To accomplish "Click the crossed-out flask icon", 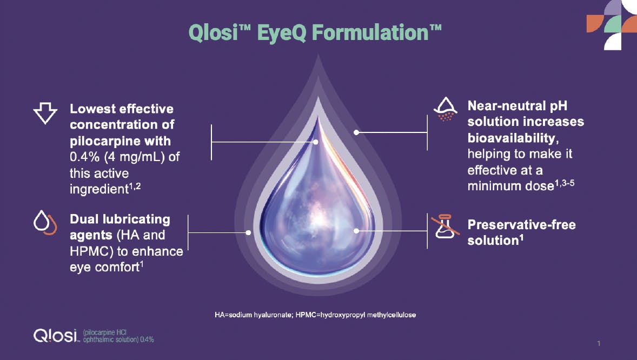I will [x=443, y=228].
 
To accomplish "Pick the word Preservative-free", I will [x=521, y=224].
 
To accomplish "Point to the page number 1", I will [x=599, y=343].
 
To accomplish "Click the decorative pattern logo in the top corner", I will [x=611, y=25].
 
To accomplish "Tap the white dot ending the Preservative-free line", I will [x=356, y=231].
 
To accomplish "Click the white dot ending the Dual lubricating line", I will [x=248, y=233].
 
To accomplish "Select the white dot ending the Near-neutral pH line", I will [x=356, y=131].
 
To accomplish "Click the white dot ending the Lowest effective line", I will [x=316, y=142].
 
